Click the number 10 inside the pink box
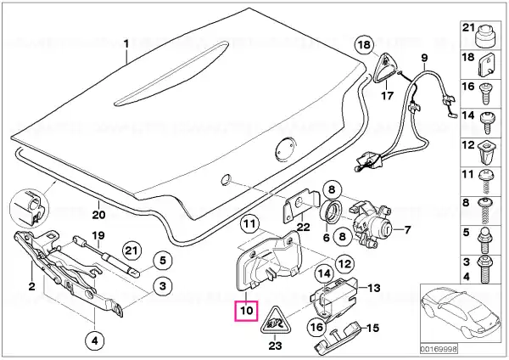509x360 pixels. (x=246, y=311)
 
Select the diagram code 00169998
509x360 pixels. (x=439, y=349)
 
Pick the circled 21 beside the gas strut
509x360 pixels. (x=131, y=250)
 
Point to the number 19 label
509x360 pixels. (x=98, y=235)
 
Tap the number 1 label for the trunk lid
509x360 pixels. (x=126, y=43)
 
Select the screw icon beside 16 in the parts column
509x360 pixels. (x=485, y=93)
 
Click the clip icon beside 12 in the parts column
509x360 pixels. (x=486, y=153)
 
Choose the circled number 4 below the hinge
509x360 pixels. (x=95, y=341)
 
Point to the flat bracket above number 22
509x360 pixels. (x=301, y=205)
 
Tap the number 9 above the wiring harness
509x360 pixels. (x=425, y=58)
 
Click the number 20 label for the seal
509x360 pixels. (x=98, y=215)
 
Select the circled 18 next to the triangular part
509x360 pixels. (x=364, y=44)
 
